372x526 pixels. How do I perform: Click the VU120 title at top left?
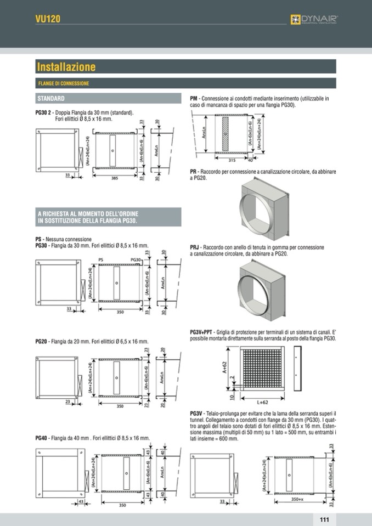pyautogui.click(x=47, y=19)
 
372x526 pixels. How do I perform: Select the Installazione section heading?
pyautogui.click(x=66, y=67)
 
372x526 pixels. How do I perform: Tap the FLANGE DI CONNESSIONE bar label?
pyautogui.click(x=64, y=83)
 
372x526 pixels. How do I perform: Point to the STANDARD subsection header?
pyautogui.click(x=51, y=99)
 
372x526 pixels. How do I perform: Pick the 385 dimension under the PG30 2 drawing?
pyautogui.click(x=115, y=178)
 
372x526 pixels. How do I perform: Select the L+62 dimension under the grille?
pyautogui.click(x=262, y=401)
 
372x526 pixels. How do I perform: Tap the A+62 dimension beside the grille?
pyautogui.click(x=225, y=367)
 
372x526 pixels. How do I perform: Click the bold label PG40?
pyautogui.click(x=41, y=438)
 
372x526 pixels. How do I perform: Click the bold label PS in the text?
pyautogui.click(x=38, y=239)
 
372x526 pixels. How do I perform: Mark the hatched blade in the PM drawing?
pyautogui.click(x=224, y=134)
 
